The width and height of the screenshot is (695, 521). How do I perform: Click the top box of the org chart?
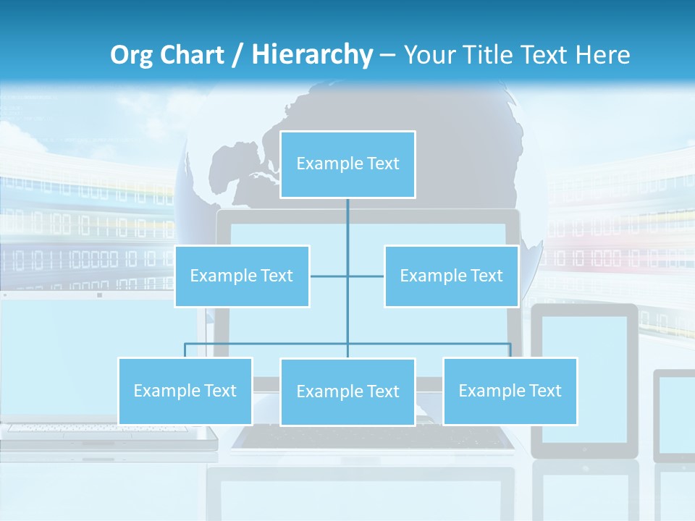coord(347,164)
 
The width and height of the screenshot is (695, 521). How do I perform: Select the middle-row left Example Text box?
coord(242,276)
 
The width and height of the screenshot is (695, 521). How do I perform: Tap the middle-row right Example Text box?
coord(451,276)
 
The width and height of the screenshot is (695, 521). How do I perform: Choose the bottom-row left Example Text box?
coord(185,391)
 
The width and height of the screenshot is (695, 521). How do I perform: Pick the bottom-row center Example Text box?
coord(347,392)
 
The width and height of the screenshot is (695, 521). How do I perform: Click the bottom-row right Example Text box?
coord(510,391)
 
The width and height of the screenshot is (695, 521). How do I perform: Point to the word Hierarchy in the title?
coord(312,55)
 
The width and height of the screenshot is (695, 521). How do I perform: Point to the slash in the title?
coord(237,56)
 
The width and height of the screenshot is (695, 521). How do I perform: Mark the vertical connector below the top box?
coord(347,224)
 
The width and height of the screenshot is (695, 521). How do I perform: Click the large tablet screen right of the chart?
coord(585,380)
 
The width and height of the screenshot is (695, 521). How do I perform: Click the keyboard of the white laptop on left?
coord(109,429)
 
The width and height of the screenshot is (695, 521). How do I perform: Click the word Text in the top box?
coord(383,164)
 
